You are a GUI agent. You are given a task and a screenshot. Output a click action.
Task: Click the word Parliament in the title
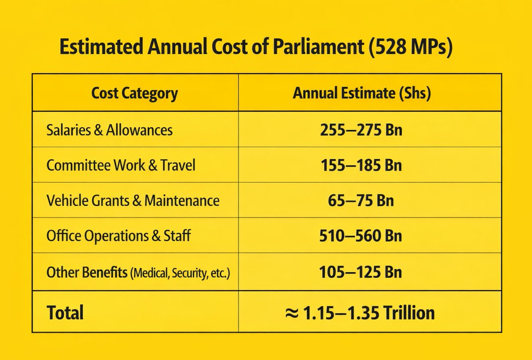[x=318, y=46]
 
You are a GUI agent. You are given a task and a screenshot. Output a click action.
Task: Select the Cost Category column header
[x=134, y=94]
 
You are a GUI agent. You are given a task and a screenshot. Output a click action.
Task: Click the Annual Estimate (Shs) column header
[x=361, y=93]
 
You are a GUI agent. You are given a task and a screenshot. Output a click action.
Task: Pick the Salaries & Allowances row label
[x=110, y=130]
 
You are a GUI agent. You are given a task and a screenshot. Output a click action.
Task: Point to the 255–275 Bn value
[x=361, y=130]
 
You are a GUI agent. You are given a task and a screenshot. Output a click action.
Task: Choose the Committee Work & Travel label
[x=121, y=165]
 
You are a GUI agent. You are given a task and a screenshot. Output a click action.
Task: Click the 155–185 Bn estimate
[x=361, y=165]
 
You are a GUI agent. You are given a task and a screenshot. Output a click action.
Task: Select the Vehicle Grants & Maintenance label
[x=133, y=200]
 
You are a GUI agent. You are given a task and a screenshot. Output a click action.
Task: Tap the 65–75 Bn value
[x=361, y=201]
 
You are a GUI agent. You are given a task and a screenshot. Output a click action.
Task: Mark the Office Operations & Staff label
[x=118, y=236]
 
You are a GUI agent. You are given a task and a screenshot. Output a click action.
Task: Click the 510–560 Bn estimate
[x=361, y=236]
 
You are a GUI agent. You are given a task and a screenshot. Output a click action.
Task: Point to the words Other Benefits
[x=87, y=272]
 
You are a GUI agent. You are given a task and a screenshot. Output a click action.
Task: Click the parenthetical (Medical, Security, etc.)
[x=180, y=273]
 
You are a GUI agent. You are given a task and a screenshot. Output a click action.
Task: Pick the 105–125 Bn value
[x=360, y=272]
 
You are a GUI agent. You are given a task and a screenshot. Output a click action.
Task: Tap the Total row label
[x=65, y=313]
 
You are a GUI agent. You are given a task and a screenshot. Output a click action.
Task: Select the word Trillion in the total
[x=409, y=313]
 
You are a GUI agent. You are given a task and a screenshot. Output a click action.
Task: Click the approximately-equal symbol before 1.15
[x=292, y=313]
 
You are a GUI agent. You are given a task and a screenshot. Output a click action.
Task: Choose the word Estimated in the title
[x=102, y=46]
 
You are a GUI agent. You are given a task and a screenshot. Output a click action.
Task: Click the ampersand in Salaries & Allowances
[x=98, y=130]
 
